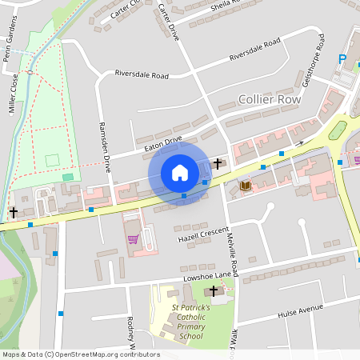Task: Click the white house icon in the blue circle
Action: (180, 173)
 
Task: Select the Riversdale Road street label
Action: (142, 75)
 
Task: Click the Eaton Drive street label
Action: (162, 143)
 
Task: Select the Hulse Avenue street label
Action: (300, 311)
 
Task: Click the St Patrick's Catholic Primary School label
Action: (191, 322)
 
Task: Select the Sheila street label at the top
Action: (224, 6)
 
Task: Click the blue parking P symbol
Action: (342, 59)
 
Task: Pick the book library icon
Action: (245, 186)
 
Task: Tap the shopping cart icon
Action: (133, 238)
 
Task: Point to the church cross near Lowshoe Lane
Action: (213, 292)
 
